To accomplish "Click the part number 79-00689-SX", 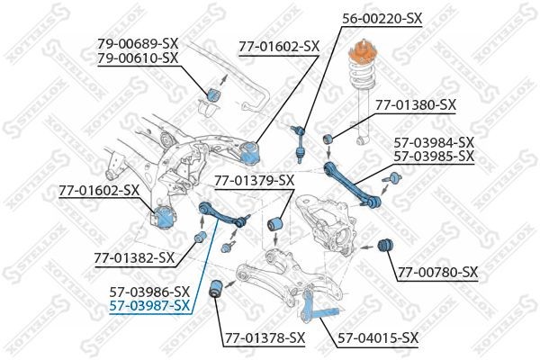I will click(139, 42).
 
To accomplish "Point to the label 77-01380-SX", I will click(416, 104).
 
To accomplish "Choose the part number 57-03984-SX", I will click(434, 141).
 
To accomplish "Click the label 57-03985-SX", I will click(434, 156).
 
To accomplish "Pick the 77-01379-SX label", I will click(255, 181).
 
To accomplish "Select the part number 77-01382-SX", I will click(134, 257).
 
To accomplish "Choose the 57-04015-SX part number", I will click(378, 338).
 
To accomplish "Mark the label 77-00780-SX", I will click(438, 272).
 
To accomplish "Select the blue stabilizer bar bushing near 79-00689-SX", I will click(214, 94).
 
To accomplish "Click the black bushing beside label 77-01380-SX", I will click(330, 138).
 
